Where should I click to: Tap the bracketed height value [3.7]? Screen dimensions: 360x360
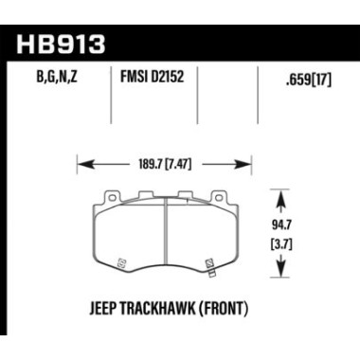click(298, 244)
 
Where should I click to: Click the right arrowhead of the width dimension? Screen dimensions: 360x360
click(255, 163)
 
